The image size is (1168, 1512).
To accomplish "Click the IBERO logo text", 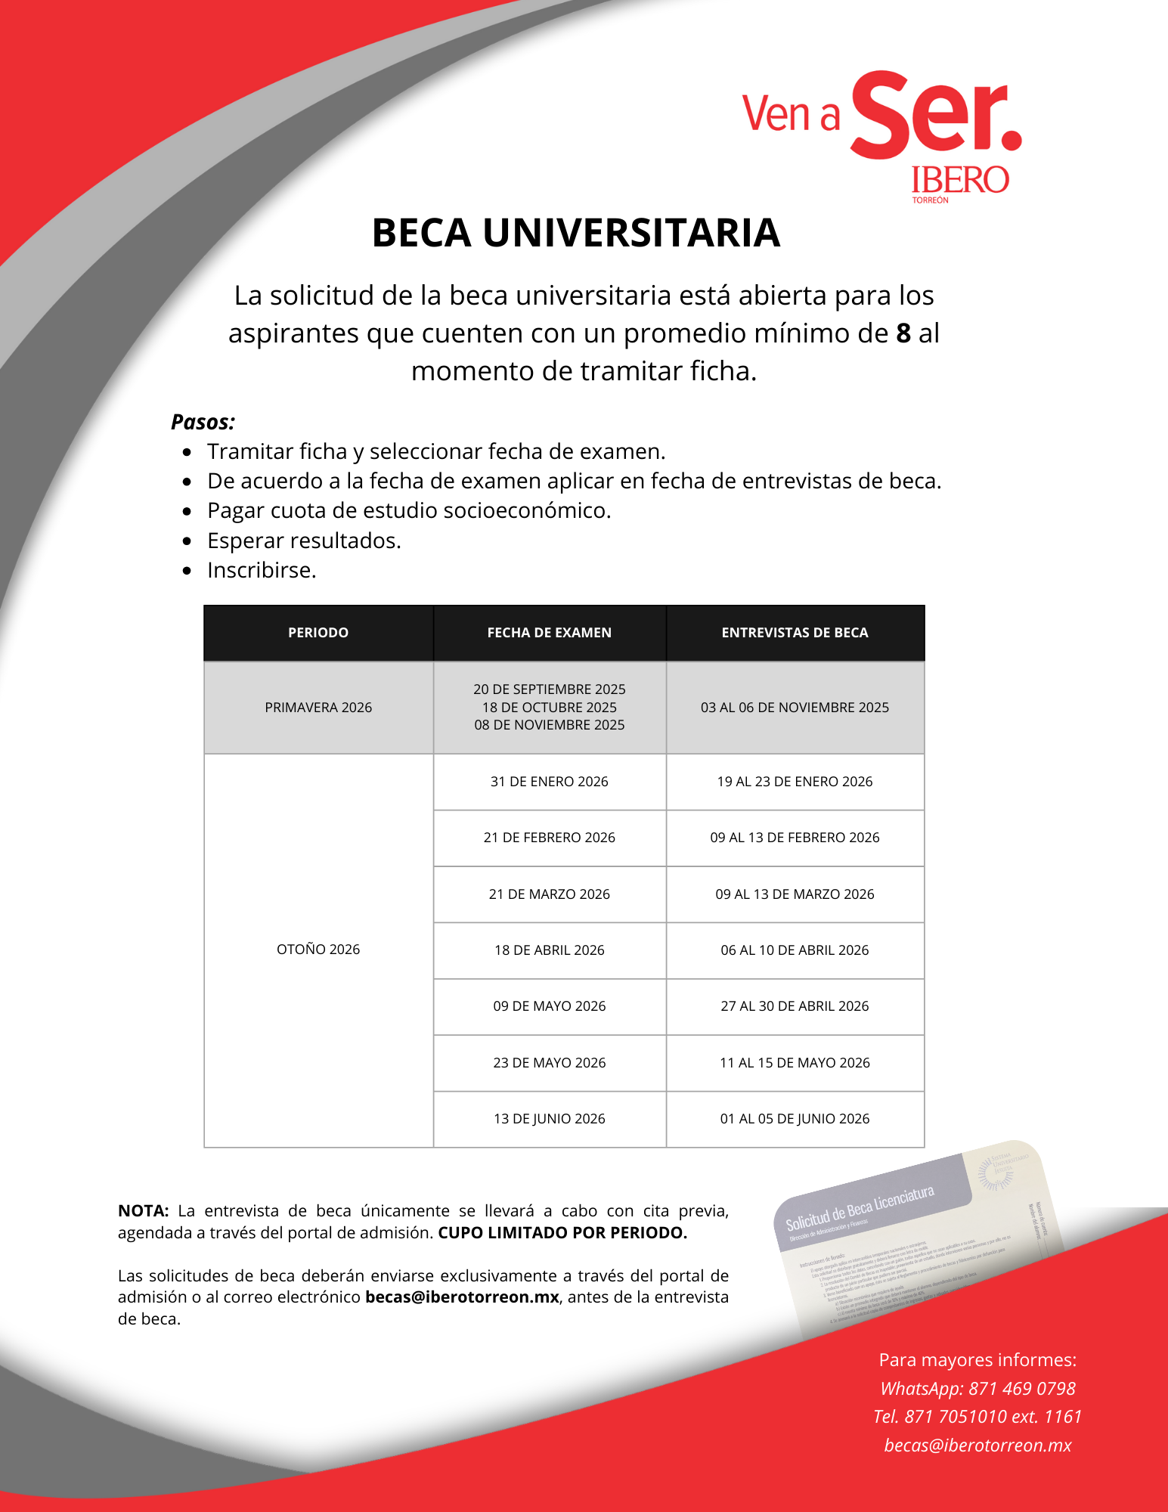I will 959,180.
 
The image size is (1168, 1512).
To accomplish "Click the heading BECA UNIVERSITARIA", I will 575,233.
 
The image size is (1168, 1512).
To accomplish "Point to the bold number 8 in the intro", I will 903,333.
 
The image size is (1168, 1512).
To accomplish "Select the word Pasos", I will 203,422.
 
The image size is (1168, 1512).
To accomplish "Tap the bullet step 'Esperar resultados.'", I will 304,541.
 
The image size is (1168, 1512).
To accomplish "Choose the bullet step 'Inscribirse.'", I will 262,570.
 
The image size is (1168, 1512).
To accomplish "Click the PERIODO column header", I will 318,633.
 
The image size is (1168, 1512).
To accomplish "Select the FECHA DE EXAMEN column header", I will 550,633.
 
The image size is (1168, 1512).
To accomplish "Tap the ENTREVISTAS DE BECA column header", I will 795,633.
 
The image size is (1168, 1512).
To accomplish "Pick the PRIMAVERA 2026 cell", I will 318,708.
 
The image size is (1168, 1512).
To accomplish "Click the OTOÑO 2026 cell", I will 318,950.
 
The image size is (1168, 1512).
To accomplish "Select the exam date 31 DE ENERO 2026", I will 550,782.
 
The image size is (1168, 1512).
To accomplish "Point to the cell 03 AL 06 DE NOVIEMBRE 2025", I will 795,708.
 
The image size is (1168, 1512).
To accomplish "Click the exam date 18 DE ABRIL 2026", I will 550,950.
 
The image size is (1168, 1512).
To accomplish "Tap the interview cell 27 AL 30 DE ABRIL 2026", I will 795,1006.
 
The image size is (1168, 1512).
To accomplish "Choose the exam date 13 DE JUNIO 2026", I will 550,1119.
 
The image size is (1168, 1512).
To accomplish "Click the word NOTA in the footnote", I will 143,1211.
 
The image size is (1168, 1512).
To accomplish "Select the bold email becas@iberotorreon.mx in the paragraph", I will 462,1297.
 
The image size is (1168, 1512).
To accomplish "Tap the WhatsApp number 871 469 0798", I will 1022,1389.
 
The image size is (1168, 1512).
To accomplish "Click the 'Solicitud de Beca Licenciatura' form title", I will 860,1209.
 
